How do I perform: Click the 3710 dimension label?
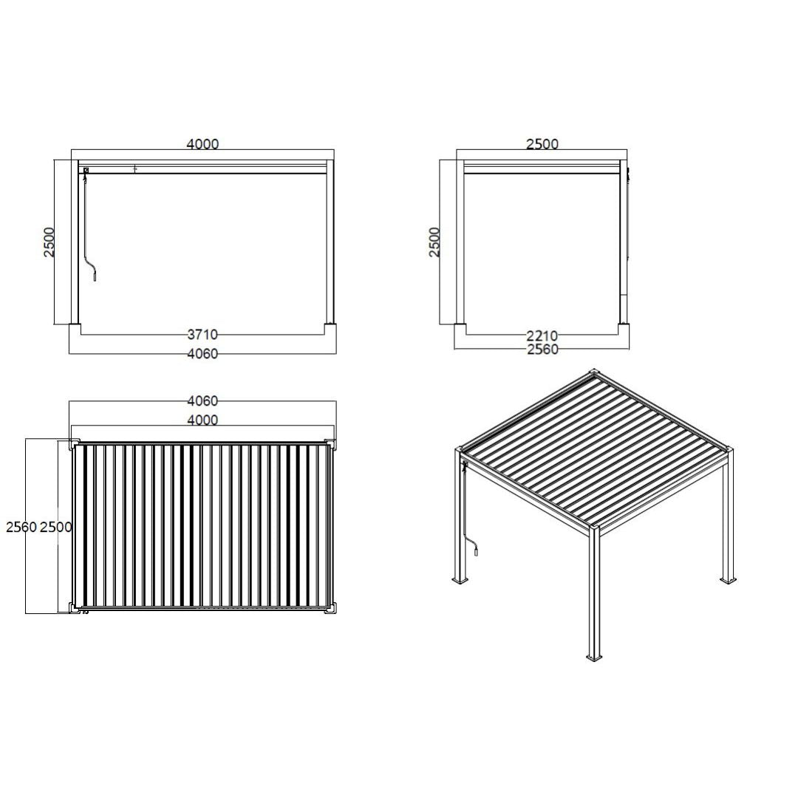click(x=202, y=335)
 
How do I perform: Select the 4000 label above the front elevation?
click(x=202, y=144)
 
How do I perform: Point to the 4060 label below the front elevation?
click(x=202, y=354)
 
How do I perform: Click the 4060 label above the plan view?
click(x=202, y=401)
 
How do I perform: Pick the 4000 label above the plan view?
click(x=202, y=420)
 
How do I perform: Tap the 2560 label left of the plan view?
click(x=21, y=527)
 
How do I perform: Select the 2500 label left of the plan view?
click(x=56, y=527)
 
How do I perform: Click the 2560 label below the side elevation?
click(x=542, y=349)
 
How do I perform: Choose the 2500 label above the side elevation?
click(x=542, y=144)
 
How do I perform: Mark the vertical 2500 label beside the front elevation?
click(x=49, y=242)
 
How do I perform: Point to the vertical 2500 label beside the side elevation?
click(x=435, y=242)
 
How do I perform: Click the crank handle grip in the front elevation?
click(x=95, y=276)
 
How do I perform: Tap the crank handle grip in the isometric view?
click(x=477, y=549)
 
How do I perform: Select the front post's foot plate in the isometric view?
click(x=594, y=656)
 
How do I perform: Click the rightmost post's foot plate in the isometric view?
click(x=729, y=579)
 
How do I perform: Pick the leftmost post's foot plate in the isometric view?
click(x=460, y=581)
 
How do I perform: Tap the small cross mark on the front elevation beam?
click(x=135, y=169)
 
